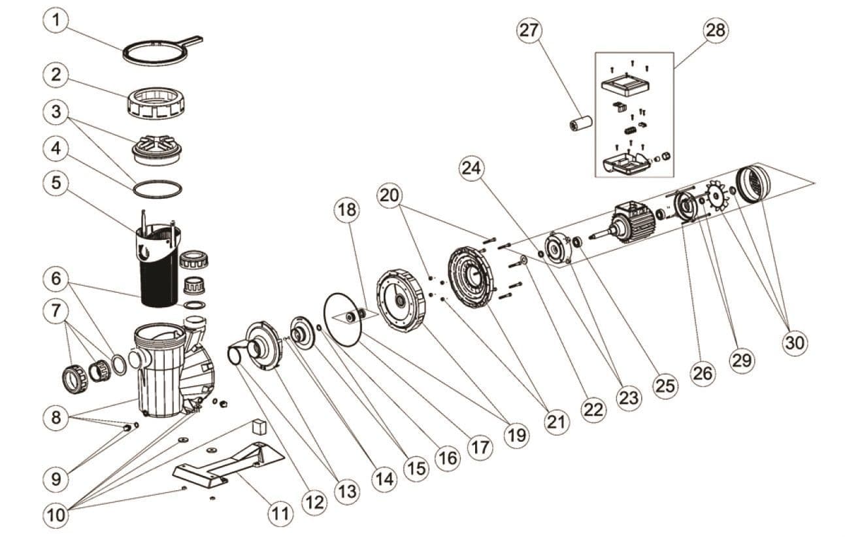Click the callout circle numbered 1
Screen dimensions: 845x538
click(56, 20)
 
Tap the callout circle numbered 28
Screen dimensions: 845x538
click(716, 30)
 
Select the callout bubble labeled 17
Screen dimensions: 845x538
click(480, 448)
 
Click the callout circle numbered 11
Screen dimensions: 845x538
click(280, 514)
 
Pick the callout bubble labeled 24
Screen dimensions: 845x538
click(472, 168)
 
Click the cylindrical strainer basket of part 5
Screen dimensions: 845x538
click(158, 264)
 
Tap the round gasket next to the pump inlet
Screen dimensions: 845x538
click(119, 365)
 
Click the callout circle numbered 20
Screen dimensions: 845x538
click(389, 195)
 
